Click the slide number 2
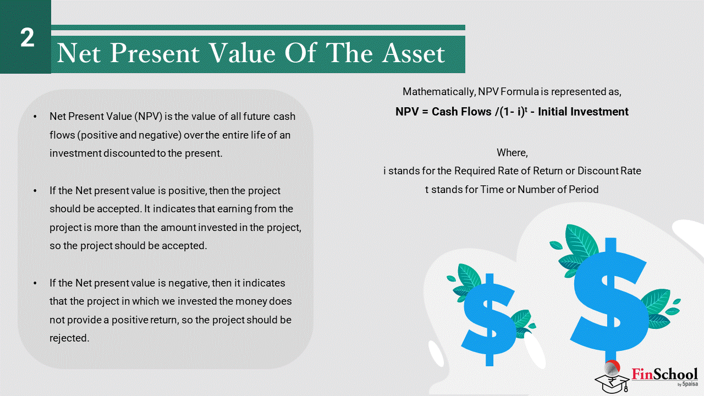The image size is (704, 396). pyautogui.click(x=28, y=38)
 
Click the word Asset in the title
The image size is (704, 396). pyautogui.click(x=414, y=53)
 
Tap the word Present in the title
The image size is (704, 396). pyautogui.click(x=155, y=53)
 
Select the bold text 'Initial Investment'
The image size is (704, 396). pyautogui.click(x=583, y=112)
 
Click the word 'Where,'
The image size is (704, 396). pyautogui.click(x=512, y=153)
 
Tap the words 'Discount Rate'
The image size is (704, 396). pyautogui.click(x=609, y=170)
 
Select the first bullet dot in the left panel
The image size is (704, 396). pyautogui.click(x=35, y=117)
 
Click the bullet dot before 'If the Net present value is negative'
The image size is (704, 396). pyautogui.click(x=35, y=283)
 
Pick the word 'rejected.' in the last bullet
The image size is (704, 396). pyautogui.click(x=69, y=338)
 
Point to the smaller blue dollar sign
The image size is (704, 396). pyautogui.click(x=489, y=319)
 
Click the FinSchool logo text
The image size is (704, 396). pyautogui.click(x=664, y=375)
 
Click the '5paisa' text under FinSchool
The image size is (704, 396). pyautogui.click(x=690, y=384)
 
